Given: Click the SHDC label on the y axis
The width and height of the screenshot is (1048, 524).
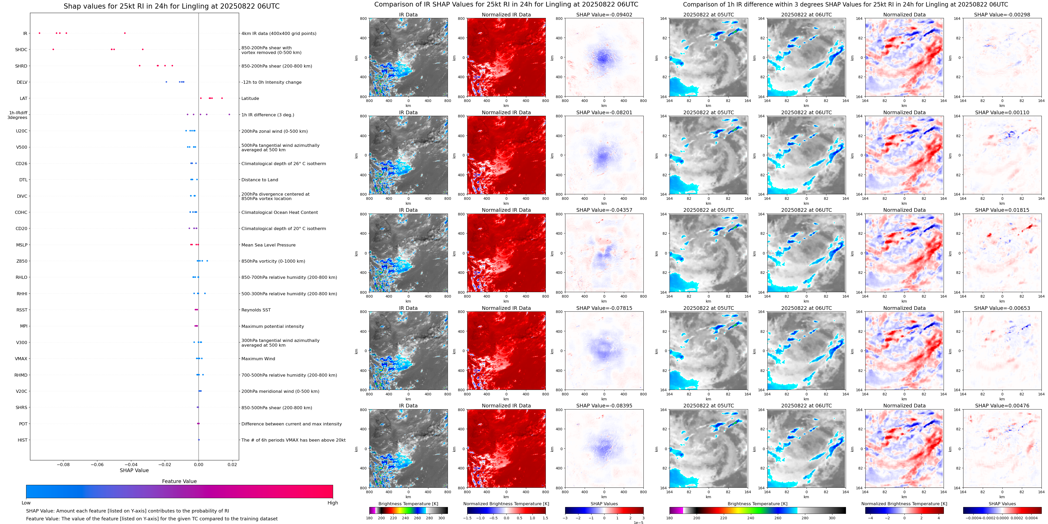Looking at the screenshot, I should click(21, 50).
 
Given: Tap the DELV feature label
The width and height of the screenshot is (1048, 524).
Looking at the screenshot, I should click(22, 82).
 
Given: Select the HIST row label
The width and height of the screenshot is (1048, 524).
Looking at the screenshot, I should click(22, 440).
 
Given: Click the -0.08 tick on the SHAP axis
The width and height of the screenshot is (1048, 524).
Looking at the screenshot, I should click(63, 464).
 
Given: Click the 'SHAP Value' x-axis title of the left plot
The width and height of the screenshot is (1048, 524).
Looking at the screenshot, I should click(134, 470).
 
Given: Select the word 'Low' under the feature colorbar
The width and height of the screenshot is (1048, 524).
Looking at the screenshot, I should click(26, 503).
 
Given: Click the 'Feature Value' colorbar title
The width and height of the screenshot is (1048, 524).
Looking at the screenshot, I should click(179, 481).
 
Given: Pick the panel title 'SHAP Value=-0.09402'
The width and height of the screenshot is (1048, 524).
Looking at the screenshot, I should click(604, 15).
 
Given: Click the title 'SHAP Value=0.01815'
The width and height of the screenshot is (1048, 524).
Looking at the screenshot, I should click(1002, 210).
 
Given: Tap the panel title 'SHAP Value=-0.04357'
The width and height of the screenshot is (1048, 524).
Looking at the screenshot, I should click(604, 210).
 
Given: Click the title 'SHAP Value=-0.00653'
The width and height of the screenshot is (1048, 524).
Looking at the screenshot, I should click(1002, 308).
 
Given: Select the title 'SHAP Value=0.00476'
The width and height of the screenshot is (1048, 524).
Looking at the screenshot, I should click(1002, 406).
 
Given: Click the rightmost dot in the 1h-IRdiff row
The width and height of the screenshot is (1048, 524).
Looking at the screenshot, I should click(229, 115).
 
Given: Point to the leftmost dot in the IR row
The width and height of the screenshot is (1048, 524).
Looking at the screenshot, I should click(39, 33).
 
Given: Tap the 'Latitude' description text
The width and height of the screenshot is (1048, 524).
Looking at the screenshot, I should click(250, 98).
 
